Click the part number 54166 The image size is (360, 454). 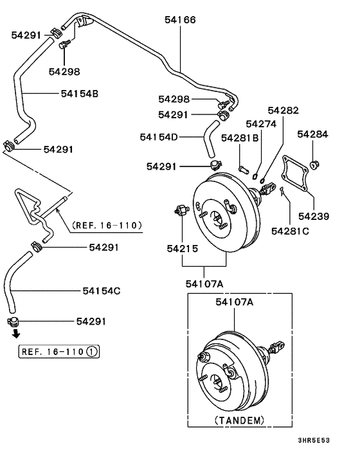click(x=180, y=20)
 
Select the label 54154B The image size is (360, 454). click(x=80, y=93)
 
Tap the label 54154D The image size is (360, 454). click(x=159, y=137)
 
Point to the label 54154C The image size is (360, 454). click(x=102, y=291)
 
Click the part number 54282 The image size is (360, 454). click(x=283, y=111)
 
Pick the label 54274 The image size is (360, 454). click(x=261, y=123)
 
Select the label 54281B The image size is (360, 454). click(x=240, y=138)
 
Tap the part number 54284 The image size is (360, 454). click(x=312, y=134)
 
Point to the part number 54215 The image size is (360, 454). click(x=183, y=248)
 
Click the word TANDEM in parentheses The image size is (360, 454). click(x=239, y=420)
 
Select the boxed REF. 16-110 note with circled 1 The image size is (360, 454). click(x=60, y=352)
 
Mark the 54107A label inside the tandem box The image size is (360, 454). click(x=234, y=302)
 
